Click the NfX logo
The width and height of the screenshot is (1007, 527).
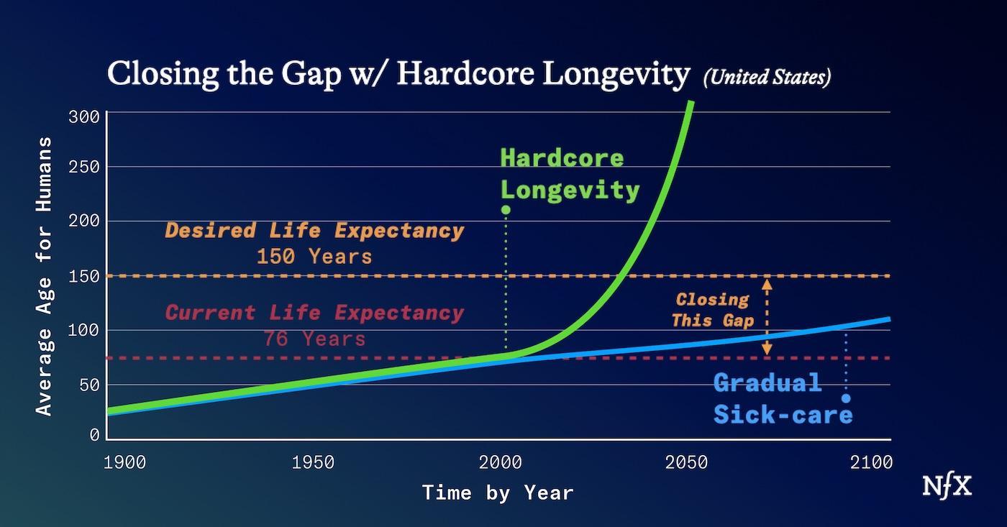click(947, 487)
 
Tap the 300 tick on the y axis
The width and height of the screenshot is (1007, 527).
click(84, 116)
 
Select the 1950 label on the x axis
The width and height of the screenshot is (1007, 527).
click(313, 462)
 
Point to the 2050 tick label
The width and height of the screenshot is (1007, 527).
click(686, 462)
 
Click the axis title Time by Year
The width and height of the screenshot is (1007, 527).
click(498, 493)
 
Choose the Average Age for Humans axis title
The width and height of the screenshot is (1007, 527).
click(45, 275)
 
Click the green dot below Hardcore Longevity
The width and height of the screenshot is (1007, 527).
click(506, 210)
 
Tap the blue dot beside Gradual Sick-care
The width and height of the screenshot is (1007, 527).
click(846, 398)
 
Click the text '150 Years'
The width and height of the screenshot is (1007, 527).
click(314, 257)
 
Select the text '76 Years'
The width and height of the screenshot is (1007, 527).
click(314, 338)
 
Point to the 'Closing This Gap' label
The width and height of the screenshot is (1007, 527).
click(711, 310)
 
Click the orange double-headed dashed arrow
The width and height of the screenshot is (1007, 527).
click(767, 316)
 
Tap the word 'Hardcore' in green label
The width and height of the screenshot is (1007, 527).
click(562, 158)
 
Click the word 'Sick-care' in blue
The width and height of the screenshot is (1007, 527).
click(783, 415)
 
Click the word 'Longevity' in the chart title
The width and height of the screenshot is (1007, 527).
click(616, 75)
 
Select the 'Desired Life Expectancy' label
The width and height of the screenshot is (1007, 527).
click(314, 231)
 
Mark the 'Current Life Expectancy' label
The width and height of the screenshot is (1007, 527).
click(314, 313)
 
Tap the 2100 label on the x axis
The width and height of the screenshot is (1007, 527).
click(871, 462)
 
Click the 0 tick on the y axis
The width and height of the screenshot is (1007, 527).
click(94, 435)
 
